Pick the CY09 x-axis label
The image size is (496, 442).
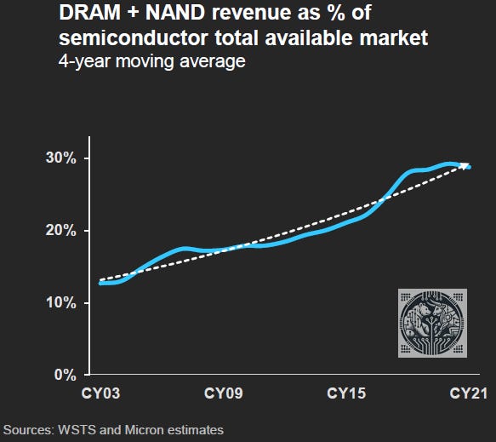coord(225,394)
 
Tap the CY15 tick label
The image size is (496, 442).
coord(346,394)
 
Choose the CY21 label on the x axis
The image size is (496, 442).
coord(467,394)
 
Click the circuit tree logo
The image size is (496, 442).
coord(433,322)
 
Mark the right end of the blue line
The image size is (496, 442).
coord(469,167)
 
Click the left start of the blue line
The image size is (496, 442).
coord(102,283)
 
